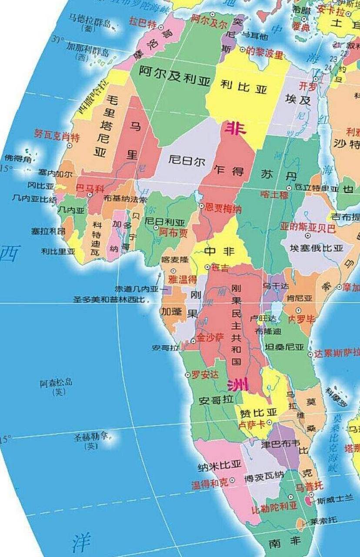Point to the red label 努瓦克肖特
point(57,137)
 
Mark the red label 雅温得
point(183,278)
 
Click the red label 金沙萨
point(210,337)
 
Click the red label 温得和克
point(210,483)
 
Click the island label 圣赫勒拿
point(91,436)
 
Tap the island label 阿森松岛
point(56,383)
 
